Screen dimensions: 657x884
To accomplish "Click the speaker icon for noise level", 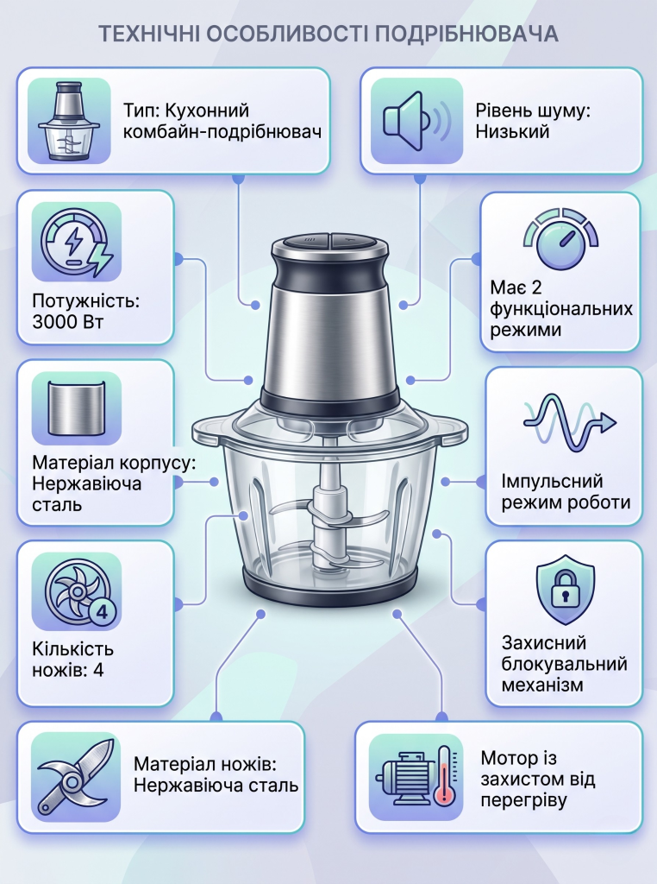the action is click(x=416, y=121).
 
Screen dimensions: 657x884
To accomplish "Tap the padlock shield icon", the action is click(x=565, y=589).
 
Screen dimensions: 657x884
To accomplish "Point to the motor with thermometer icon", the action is click(x=416, y=777).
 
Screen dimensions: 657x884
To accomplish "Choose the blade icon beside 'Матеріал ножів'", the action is click(x=76, y=776).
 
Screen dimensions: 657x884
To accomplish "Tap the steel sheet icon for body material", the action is click(x=77, y=408).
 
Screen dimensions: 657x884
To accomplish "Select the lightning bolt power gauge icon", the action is click(x=77, y=242).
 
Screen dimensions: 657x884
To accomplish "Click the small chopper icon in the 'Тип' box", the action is click(x=69, y=121).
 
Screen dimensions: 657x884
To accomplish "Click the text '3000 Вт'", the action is click(x=67, y=322).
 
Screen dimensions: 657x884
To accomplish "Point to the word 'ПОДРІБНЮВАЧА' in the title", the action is click(x=466, y=35).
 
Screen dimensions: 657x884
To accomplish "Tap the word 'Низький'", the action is click(x=512, y=131).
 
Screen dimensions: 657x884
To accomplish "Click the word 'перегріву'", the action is click(x=523, y=800).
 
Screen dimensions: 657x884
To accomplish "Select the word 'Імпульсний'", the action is click(x=552, y=481).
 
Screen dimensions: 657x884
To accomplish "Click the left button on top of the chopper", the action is click(x=305, y=240).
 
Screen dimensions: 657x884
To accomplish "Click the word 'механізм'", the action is click(x=542, y=685).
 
